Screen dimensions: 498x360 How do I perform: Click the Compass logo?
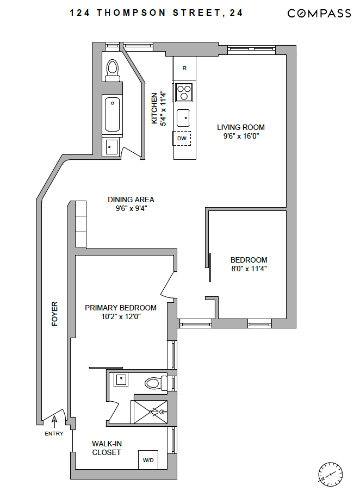point(319,14)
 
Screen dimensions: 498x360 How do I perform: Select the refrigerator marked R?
point(184,68)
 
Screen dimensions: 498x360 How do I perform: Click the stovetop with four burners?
point(184,92)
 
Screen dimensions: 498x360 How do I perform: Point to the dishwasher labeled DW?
point(183,139)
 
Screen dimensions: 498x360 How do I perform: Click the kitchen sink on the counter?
point(184,116)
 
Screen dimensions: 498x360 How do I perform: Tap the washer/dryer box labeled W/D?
point(148,460)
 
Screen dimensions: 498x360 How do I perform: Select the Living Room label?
point(241,128)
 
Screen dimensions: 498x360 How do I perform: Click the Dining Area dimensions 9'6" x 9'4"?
point(131,208)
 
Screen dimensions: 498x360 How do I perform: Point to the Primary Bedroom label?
point(121,308)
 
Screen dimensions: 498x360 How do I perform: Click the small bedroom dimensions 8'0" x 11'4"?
point(249,269)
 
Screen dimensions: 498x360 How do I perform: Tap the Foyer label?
point(54,314)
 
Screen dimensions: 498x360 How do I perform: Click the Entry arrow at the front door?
point(54,420)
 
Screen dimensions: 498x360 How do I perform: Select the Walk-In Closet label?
point(107,448)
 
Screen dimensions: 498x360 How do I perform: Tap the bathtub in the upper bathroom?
point(113,115)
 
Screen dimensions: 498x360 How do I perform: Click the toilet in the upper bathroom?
point(113,69)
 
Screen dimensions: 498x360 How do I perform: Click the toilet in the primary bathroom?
point(156,383)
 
